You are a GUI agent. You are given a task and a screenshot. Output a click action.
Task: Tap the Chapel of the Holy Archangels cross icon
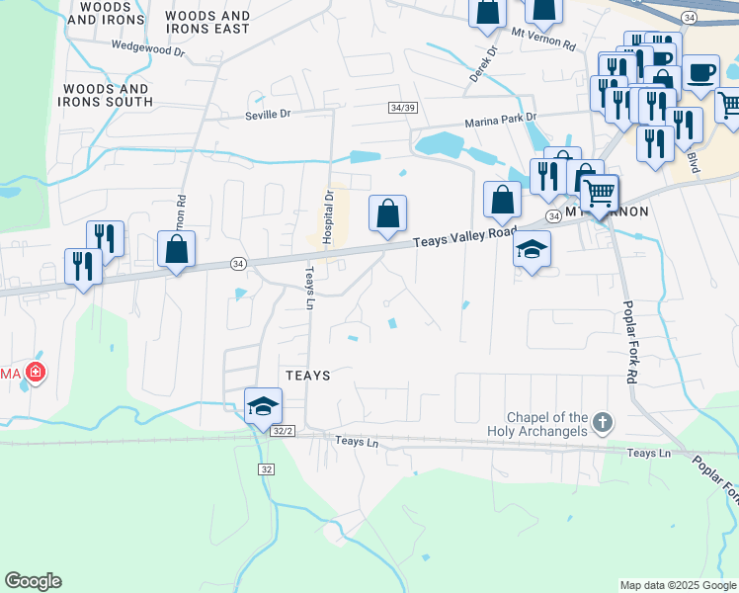point(603,425)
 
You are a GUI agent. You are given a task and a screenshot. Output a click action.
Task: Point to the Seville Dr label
point(268,115)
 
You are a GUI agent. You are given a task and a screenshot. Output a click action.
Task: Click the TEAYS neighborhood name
point(306,376)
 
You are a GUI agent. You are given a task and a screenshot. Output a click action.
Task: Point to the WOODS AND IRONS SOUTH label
point(108,95)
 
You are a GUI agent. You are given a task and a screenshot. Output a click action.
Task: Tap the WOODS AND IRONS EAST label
point(207,23)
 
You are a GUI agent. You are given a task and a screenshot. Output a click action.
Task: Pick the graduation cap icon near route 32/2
point(264,404)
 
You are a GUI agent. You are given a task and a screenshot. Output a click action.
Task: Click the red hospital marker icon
point(37,373)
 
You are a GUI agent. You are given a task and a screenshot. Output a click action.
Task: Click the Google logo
point(33,581)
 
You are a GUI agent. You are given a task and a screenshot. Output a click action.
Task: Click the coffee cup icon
point(700,71)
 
